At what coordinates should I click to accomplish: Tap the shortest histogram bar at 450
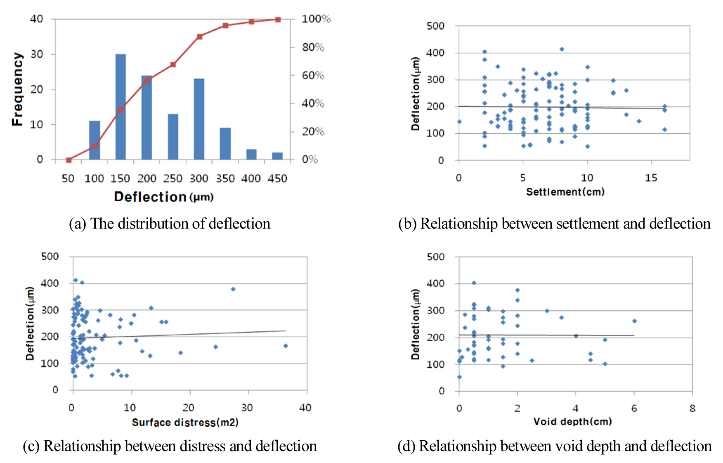277,156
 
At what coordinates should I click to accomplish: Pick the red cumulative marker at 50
69,160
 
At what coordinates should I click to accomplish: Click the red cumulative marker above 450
278,19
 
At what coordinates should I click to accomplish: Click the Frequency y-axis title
17,89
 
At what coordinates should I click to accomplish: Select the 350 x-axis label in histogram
225,179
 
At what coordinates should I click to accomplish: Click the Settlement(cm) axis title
565,192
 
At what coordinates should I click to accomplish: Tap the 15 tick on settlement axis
651,178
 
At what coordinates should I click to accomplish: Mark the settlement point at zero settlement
459,122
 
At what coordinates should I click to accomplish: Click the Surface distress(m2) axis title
185,423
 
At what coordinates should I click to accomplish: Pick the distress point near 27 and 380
233,289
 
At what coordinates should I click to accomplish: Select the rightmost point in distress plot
286,346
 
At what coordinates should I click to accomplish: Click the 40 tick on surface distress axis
305,408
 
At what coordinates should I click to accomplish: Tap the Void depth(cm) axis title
572,421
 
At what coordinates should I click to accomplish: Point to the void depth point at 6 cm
634,321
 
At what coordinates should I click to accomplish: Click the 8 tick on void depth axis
692,409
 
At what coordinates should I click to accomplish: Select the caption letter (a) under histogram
77,224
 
